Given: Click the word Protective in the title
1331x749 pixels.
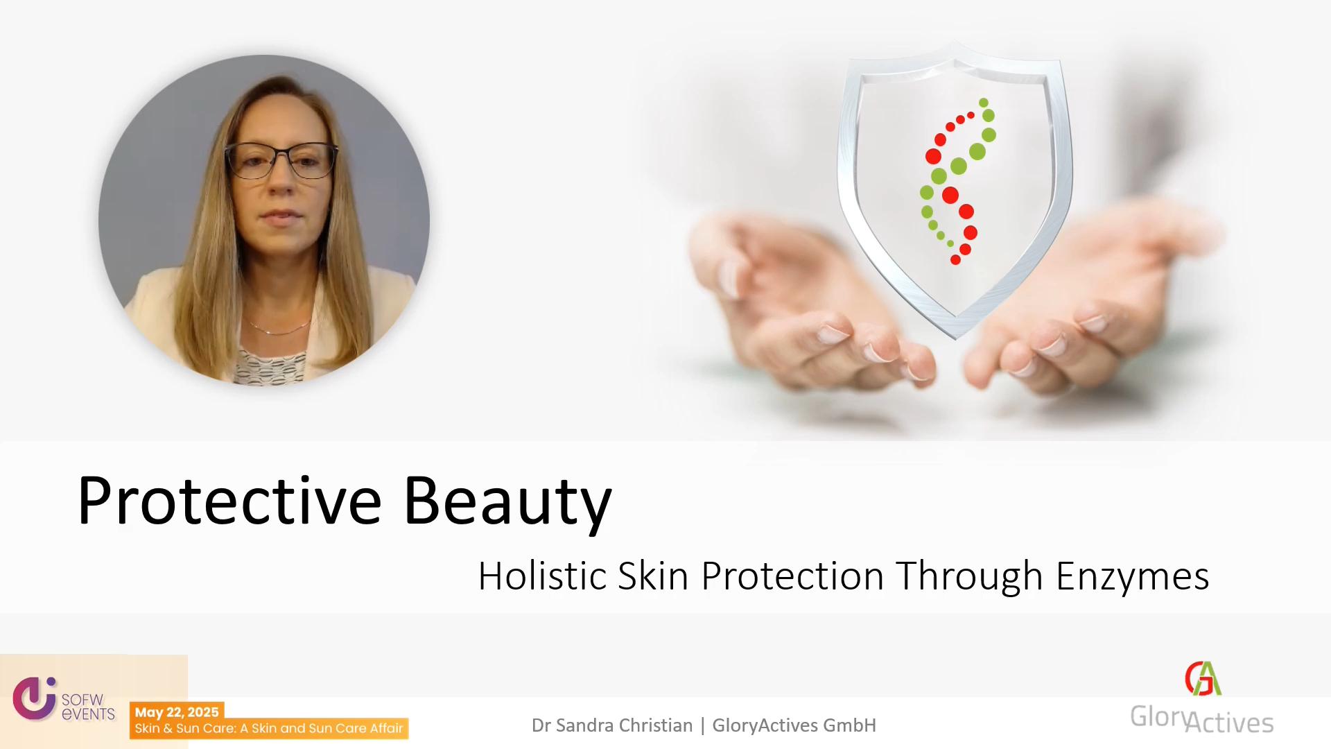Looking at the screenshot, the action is click(229, 500).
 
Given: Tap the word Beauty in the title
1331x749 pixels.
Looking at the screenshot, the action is click(507, 503).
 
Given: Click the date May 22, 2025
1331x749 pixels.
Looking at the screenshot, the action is click(177, 712).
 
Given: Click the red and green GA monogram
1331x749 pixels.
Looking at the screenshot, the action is click(1203, 678).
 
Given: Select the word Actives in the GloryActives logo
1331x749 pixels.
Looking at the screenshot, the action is click(1229, 723).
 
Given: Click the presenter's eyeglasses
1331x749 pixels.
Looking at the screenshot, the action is click(281, 161).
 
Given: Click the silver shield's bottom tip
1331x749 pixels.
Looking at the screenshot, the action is click(955, 338).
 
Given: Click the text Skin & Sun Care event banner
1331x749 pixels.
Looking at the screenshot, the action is click(268, 728).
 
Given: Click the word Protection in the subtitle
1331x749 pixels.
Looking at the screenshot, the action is click(792, 576).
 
